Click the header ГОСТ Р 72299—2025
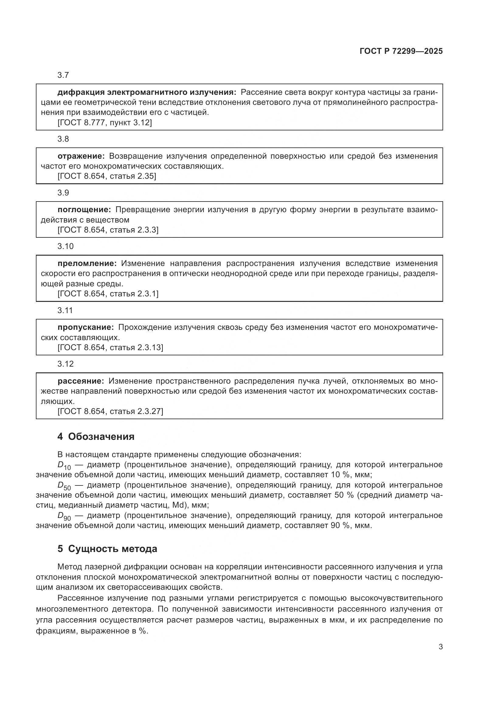click(401, 51)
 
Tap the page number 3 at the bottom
click(440, 647)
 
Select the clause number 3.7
click(63, 75)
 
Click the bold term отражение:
click(81, 156)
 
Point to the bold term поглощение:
click(84, 210)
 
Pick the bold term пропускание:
click(85, 327)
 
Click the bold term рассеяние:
click(81, 381)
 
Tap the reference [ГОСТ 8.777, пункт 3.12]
click(105, 123)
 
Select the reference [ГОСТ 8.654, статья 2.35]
click(107, 176)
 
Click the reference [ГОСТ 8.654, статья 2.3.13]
click(110, 347)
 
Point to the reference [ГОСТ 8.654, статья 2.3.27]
click(110, 411)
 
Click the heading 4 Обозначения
click(96, 437)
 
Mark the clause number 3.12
click(65, 364)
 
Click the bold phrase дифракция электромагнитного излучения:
click(147, 92)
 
